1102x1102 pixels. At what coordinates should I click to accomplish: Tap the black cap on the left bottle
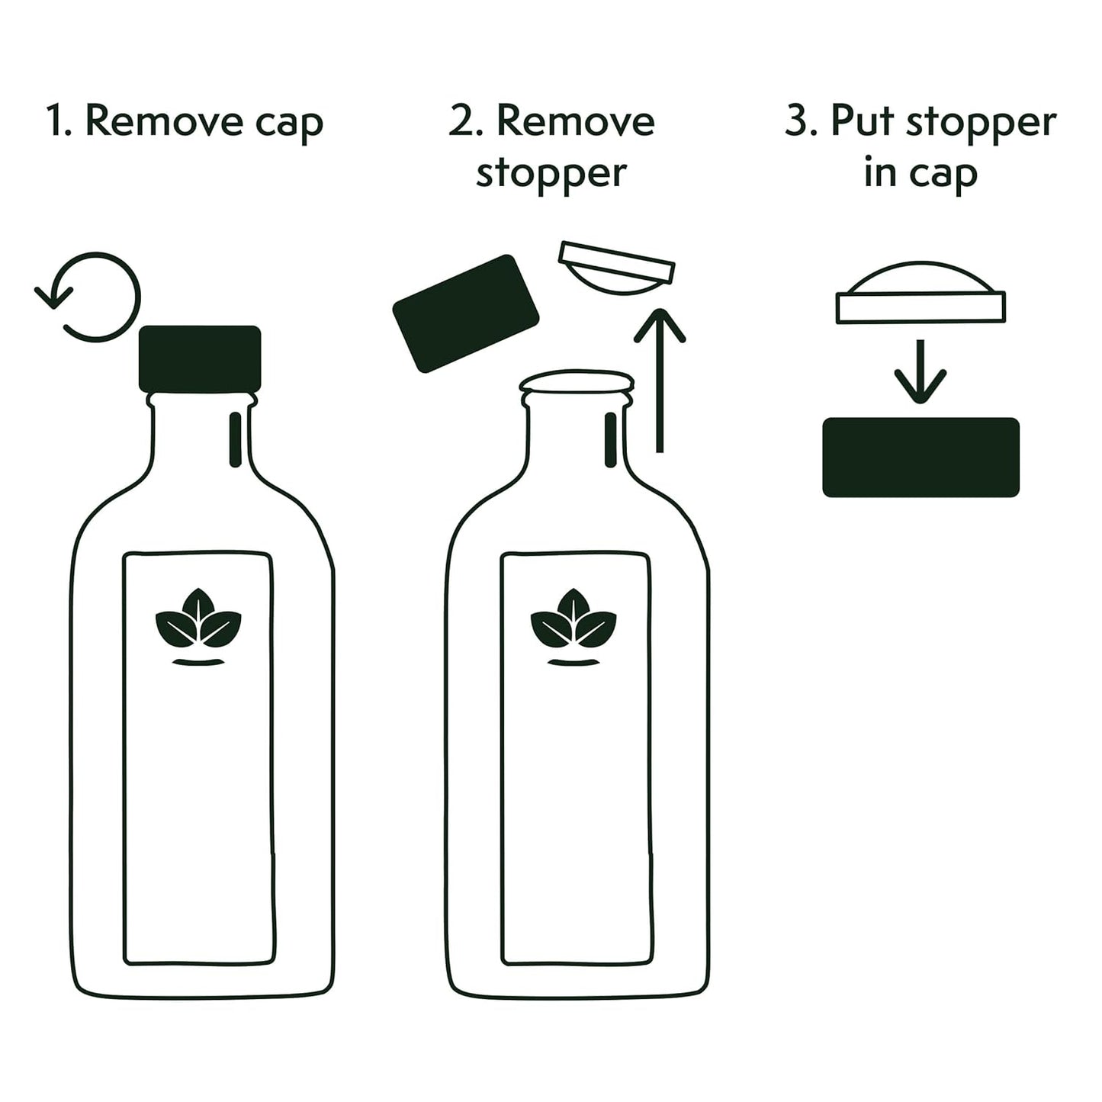click(200, 358)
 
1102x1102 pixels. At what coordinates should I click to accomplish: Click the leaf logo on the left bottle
click(198, 625)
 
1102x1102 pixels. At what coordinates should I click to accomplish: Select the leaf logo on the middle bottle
click(573, 625)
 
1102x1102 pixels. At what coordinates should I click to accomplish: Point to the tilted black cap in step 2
click(466, 313)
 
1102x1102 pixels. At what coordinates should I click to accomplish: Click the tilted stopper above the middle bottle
click(616, 268)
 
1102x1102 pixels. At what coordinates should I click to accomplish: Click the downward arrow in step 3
click(920, 372)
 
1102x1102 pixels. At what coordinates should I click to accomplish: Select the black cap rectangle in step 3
click(920, 458)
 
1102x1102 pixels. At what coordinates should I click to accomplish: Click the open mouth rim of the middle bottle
click(577, 381)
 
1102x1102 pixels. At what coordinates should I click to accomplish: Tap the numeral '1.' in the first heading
click(59, 122)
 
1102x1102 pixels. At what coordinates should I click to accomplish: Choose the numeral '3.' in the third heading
click(801, 122)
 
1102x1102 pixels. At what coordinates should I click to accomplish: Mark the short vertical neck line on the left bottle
click(236, 439)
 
